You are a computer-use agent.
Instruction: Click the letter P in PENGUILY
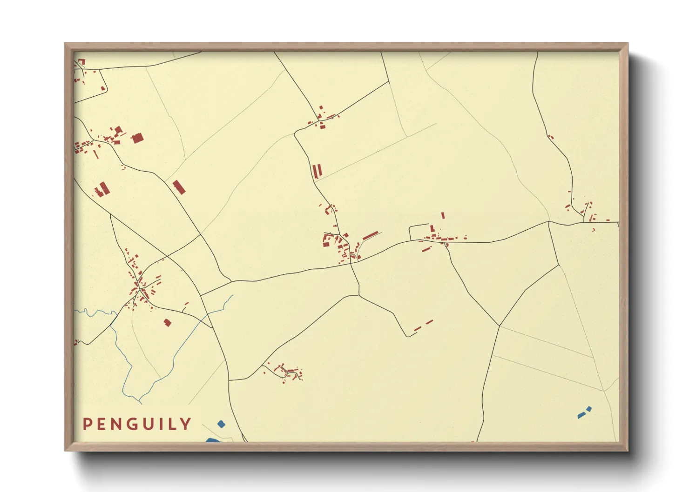(x=87, y=424)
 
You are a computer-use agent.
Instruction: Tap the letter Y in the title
(x=186, y=424)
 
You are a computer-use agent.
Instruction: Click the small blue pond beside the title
(x=221, y=424)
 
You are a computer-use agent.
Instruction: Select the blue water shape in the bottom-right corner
(x=584, y=412)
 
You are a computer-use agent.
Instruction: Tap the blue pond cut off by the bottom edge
(x=212, y=440)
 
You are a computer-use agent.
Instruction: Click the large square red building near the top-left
(x=137, y=138)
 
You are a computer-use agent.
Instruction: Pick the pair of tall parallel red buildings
(x=317, y=171)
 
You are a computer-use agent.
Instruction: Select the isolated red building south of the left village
(x=168, y=322)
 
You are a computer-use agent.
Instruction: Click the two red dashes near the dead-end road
(x=423, y=325)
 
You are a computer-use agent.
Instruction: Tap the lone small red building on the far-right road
(x=551, y=137)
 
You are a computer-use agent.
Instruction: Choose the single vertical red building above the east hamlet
(x=443, y=215)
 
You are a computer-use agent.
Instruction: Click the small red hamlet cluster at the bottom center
(x=286, y=372)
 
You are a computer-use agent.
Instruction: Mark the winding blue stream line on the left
(x=122, y=353)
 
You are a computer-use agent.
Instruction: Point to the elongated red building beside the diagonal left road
(x=179, y=187)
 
